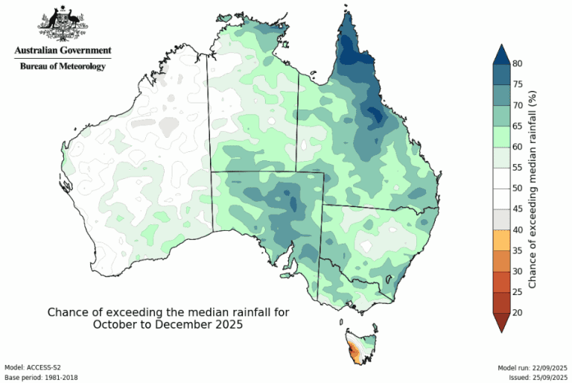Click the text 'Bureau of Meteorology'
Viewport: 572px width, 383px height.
[63, 66]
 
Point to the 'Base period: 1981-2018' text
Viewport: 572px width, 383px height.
[41, 377]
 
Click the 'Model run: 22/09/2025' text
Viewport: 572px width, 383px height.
[533, 367]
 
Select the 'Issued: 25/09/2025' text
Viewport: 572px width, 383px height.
[537, 377]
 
